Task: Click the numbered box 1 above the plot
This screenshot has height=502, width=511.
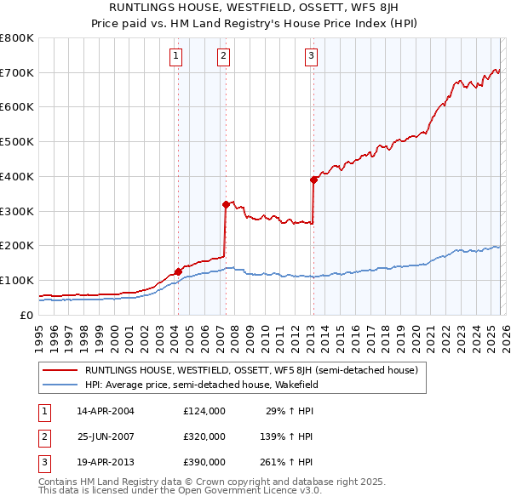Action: click(x=175, y=57)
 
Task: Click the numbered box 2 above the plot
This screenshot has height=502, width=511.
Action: click(x=223, y=57)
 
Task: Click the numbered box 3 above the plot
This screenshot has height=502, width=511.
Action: click(x=311, y=57)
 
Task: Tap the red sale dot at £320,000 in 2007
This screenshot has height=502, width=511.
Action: click(x=226, y=204)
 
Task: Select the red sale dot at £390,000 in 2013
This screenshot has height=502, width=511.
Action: click(x=313, y=180)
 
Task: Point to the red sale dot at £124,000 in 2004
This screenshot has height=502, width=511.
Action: click(x=178, y=272)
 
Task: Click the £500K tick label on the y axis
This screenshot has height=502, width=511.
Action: click(x=16, y=142)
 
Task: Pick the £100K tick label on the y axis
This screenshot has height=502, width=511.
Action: click(x=16, y=281)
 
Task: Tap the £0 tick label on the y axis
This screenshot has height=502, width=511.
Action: click(x=26, y=315)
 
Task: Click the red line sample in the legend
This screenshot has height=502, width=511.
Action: click(x=60, y=371)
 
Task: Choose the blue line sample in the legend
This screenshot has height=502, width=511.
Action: click(x=60, y=385)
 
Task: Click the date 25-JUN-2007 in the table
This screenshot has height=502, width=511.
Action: click(x=106, y=436)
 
